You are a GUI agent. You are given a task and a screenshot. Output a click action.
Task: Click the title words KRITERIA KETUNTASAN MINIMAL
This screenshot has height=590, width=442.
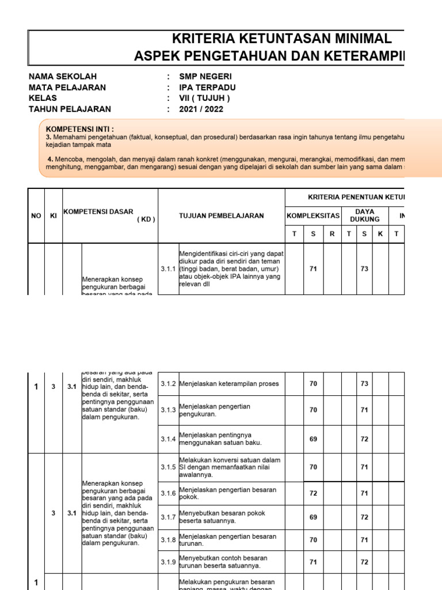coord(282,39)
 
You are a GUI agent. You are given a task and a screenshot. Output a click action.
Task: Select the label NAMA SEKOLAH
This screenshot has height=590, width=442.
coord(63,77)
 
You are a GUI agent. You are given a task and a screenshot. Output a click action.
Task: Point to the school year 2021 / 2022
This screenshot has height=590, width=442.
coord(201,109)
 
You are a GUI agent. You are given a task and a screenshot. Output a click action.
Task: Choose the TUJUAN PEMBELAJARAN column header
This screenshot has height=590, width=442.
coord(222,215)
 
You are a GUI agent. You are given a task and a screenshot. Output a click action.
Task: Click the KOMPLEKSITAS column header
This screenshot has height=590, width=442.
coord(313,215)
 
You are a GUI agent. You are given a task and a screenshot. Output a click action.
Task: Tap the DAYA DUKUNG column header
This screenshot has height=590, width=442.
coord(364,215)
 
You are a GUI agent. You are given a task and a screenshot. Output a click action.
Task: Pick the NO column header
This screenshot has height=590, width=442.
coord(36,215)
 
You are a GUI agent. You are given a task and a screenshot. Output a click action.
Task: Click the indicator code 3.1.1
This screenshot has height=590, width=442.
coord(168,268)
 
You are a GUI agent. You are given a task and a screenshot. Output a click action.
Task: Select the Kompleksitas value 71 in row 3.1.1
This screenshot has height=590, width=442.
coord(313,268)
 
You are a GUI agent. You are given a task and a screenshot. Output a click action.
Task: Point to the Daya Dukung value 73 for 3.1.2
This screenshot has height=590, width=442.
coord(364,384)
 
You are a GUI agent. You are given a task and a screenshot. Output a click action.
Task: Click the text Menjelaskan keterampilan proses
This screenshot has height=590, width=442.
coord(229,384)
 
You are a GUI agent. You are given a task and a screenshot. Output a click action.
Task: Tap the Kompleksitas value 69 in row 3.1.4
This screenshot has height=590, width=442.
coord(313,439)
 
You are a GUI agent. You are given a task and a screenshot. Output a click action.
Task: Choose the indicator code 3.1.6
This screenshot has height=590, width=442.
coord(168,493)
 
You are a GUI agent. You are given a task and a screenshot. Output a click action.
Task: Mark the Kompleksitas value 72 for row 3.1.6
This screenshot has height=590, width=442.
coord(313,493)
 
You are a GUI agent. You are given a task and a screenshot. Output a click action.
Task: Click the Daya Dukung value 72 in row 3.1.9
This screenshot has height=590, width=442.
coord(364,562)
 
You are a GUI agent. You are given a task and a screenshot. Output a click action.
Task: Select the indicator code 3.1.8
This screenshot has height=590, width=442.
coord(168,540)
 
